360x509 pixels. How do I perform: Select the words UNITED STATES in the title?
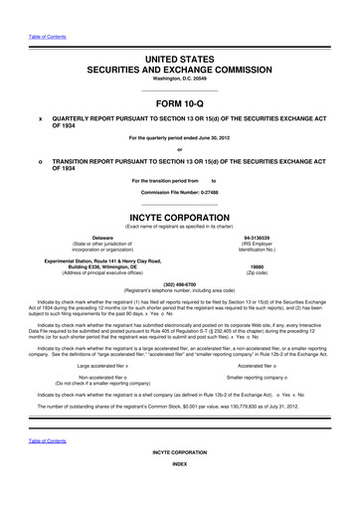click(x=180, y=62)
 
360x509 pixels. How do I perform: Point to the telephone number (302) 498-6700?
click(x=180, y=280)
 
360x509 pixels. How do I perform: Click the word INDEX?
click(x=180, y=493)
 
